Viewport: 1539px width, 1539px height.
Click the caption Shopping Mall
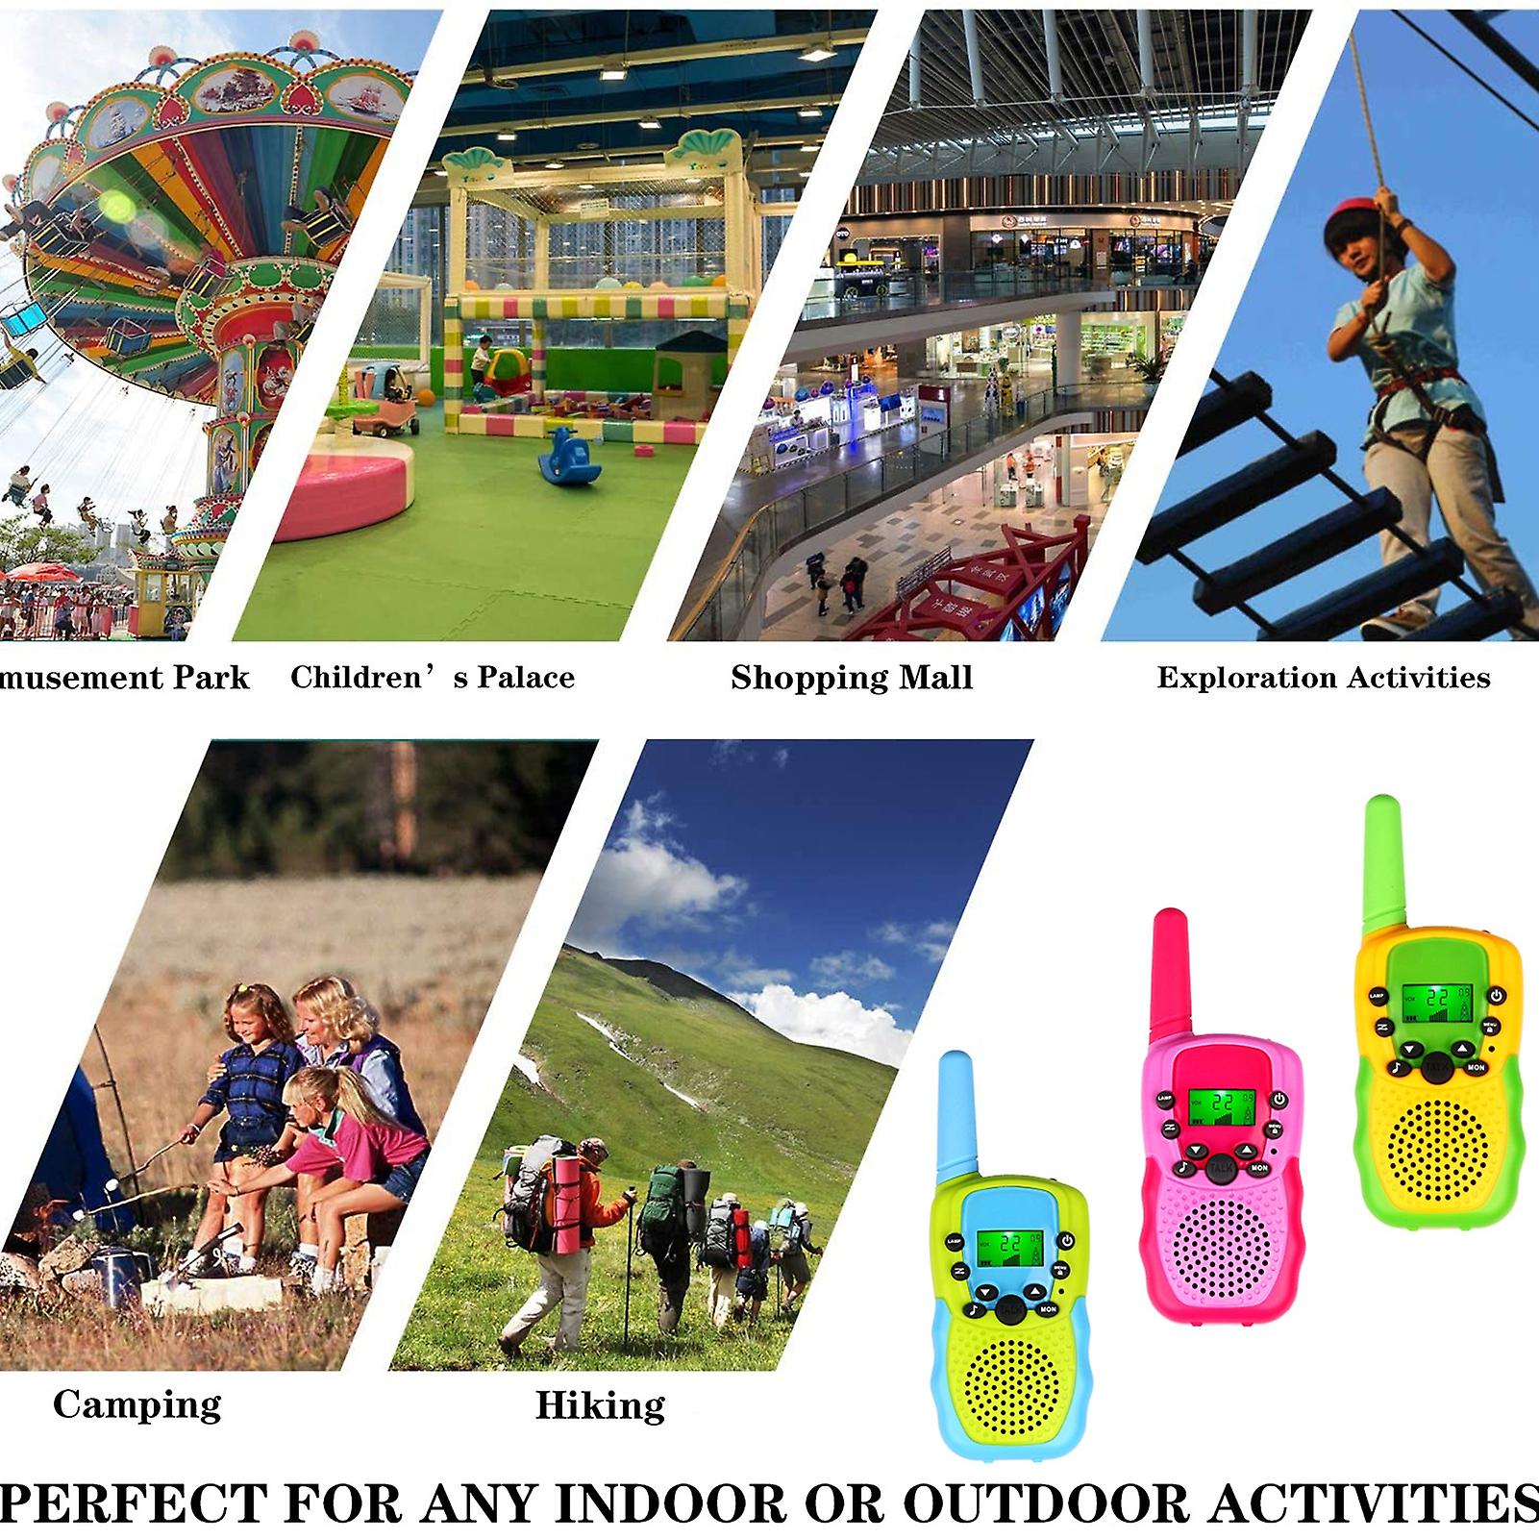coord(852,678)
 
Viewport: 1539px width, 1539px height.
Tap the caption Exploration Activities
coord(1323,678)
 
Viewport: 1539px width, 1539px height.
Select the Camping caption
coord(137,1404)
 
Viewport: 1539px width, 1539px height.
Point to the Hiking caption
coord(600,1405)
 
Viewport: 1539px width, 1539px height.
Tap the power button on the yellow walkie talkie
coord(1496,996)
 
